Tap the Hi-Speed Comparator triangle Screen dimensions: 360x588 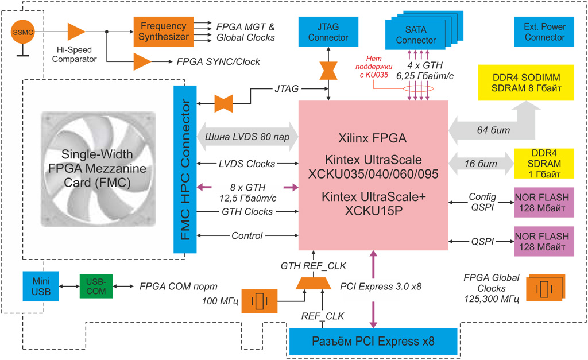pos(76,32)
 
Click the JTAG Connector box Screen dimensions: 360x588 pos(328,32)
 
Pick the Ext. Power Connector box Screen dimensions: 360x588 pos(544,32)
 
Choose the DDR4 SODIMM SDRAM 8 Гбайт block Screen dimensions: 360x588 pos(526,83)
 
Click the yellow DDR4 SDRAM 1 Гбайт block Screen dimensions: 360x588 pos(544,163)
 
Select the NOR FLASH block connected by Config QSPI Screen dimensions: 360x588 pos(544,202)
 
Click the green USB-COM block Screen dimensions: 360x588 pos(96,286)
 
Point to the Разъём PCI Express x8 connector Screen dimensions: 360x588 pos(373,342)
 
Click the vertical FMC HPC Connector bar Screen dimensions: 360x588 pos(185,169)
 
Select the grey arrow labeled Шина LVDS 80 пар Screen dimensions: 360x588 pos(247,137)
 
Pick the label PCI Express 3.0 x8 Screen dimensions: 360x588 pos(381,286)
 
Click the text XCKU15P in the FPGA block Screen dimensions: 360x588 pos(373,210)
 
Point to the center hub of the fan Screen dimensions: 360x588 pos(98,169)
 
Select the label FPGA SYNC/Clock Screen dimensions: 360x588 pos(218,61)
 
